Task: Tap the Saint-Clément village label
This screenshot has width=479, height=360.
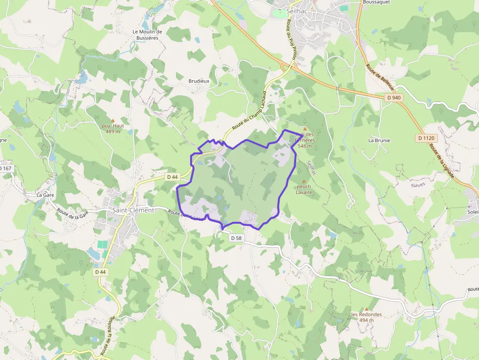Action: click(x=133, y=210)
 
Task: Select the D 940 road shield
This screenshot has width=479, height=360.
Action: click(x=393, y=98)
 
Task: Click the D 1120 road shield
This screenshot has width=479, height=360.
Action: click(x=426, y=138)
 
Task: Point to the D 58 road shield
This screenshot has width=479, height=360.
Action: click(x=236, y=238)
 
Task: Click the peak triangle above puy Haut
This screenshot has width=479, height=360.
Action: click(x=112, y=120)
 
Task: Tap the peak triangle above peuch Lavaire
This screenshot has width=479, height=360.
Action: click(x=304, y=181)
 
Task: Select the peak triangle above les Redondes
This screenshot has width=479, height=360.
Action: click(x=366, y=309)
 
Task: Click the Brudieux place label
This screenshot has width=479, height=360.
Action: click(x=199, y=81)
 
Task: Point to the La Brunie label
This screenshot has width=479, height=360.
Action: click(x=379, y=140)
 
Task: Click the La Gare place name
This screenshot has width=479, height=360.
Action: click(x=45, y=194)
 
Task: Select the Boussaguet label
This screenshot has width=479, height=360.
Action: click(x=376, y=2)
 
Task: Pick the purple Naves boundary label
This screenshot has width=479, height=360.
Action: click(x=418, y=185)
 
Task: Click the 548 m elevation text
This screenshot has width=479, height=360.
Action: click(x=305, y=146)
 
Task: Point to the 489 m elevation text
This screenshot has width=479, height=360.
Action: click(x=112, y=131)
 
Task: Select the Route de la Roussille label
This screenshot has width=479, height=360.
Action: click(x=108, y=336)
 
